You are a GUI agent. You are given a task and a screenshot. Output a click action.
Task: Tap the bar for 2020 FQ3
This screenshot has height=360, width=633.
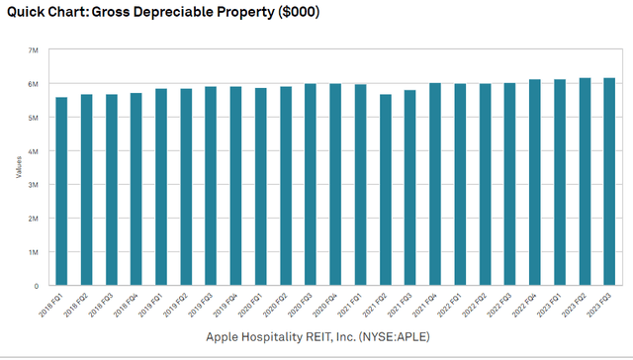(311, 184)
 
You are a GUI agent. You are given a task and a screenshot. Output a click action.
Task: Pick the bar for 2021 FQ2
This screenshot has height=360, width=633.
(386, 189)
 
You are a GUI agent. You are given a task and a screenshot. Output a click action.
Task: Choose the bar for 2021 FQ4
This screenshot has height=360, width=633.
(435, 184)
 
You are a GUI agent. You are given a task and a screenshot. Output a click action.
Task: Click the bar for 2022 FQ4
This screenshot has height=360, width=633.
(535, 182)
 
